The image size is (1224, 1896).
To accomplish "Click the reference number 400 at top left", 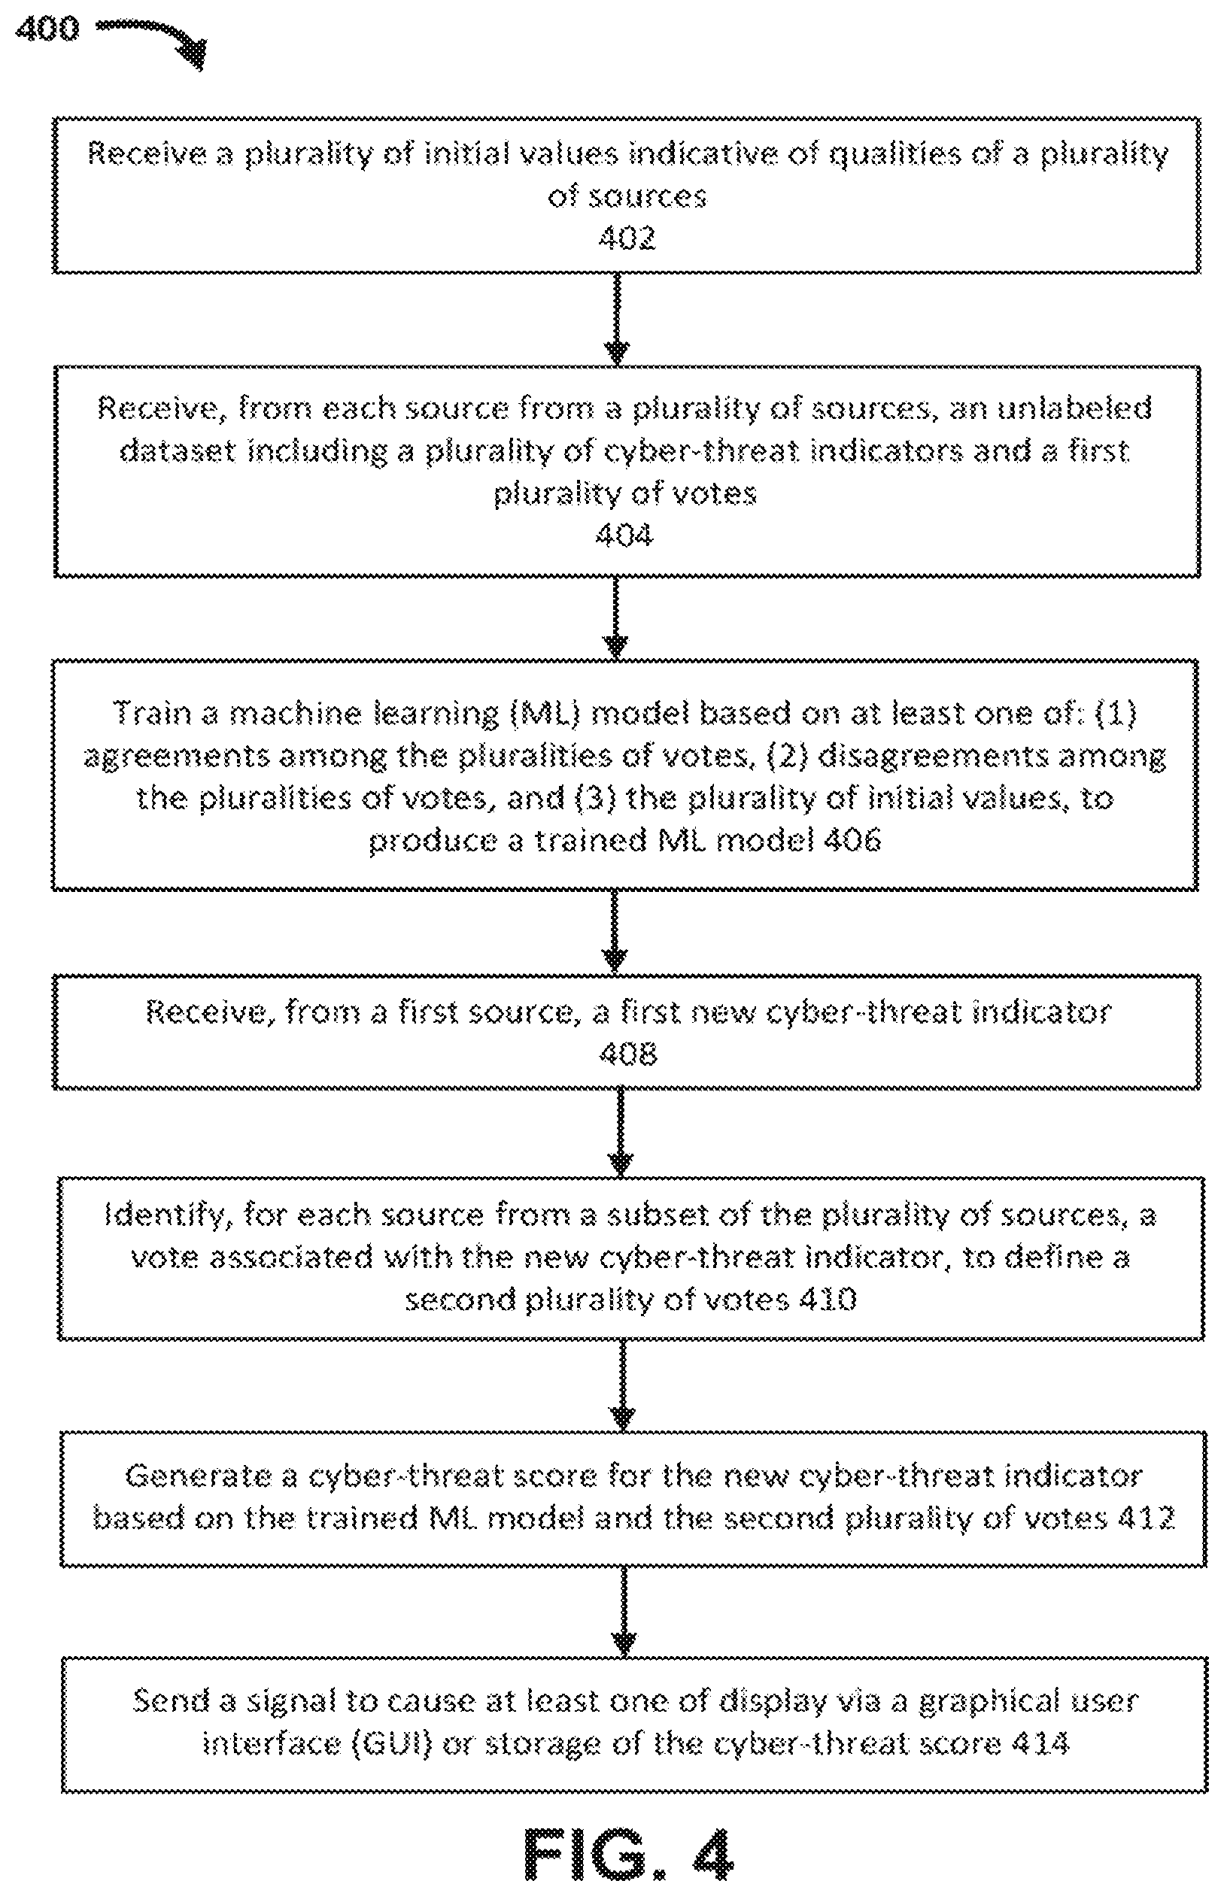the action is (47, 29).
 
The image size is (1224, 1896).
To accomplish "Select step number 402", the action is (627, 238).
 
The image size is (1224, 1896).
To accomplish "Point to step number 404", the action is (624, 535).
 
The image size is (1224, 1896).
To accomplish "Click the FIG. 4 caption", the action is (628, 1853).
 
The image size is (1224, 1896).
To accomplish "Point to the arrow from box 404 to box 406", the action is (617, 618).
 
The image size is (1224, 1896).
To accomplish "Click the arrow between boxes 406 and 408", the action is (617, 932).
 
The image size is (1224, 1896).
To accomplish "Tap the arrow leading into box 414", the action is (624, 1612).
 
